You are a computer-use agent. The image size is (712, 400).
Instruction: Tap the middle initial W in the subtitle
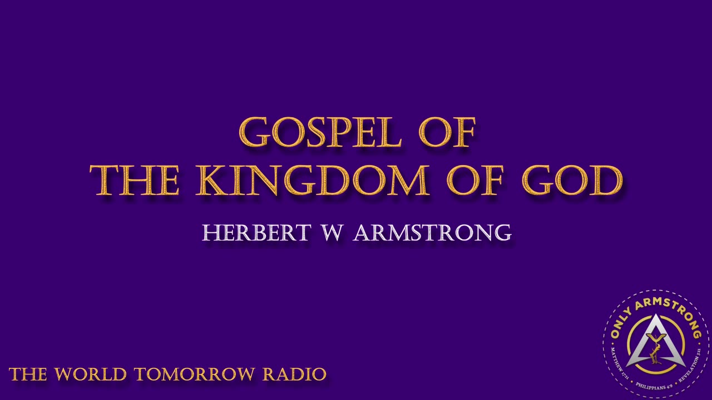coord(332,233)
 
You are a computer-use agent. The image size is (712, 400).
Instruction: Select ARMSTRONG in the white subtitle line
coord(432,233)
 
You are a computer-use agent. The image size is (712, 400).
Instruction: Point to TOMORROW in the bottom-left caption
coord(195,374)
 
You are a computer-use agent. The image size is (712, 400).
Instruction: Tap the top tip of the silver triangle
coord(656,317)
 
